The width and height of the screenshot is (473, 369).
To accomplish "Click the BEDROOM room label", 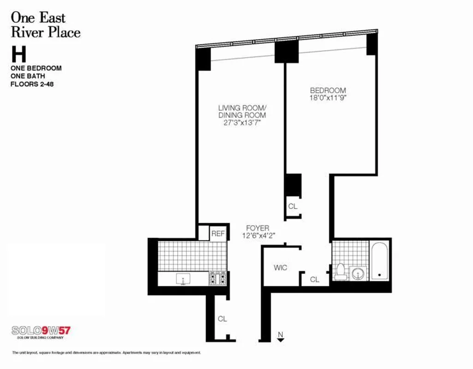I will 328,90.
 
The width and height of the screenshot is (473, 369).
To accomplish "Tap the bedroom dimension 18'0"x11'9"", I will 328,98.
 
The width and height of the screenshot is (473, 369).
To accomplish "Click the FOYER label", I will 257,228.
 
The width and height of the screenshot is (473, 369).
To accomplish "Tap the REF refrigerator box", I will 218,234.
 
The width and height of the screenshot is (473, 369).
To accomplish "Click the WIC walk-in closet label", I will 280,268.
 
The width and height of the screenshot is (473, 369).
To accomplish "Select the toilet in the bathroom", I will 341,272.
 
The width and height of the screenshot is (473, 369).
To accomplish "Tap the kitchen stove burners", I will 217,278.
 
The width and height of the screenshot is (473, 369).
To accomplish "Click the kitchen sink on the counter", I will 183,279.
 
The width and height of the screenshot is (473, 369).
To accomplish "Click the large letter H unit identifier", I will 19,54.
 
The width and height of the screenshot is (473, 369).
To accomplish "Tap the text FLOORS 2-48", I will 32,84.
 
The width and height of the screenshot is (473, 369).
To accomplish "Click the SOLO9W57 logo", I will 42,331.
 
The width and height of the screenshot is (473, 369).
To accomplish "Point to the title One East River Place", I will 45,25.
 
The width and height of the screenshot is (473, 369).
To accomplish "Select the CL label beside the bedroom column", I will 293,206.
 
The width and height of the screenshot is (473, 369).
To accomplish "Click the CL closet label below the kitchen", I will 222,319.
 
